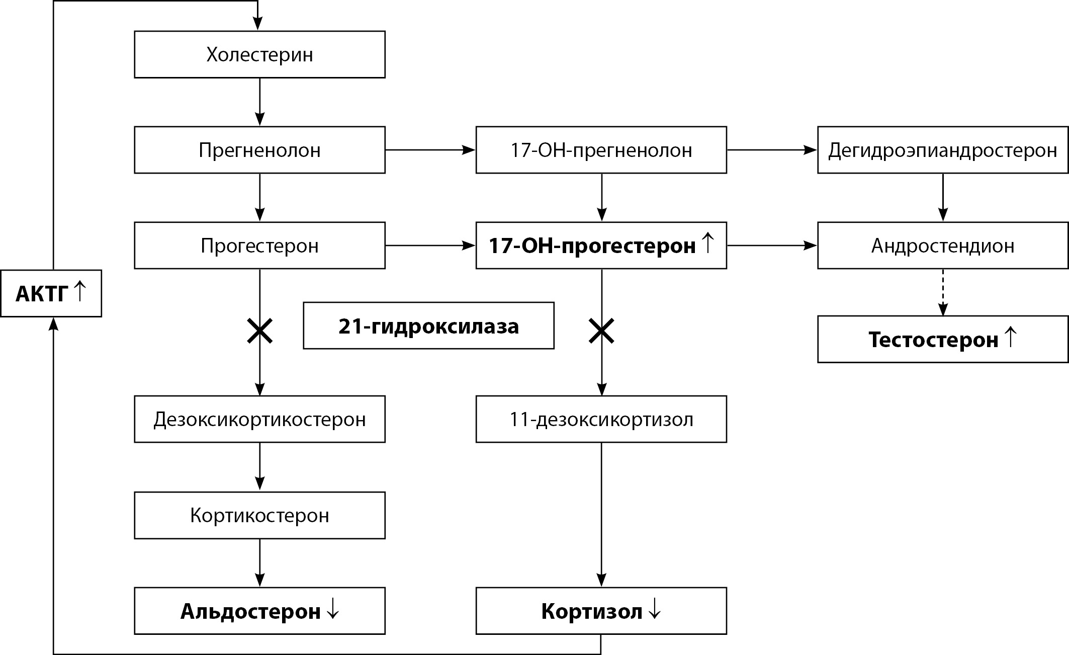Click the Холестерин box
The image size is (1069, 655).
[x=259, y=54]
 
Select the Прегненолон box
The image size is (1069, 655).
[x=259, y=150]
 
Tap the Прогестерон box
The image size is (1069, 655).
[x=259, y=245]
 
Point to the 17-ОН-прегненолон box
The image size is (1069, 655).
[x=601, y=150]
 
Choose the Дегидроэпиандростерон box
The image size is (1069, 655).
[x=942, y=150]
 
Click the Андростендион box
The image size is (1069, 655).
[x=942, y=245]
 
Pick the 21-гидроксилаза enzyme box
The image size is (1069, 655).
[x=428, y=326]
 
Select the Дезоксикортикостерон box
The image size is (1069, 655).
[x=259, y=419]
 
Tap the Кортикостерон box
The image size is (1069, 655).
[x=259, y=515]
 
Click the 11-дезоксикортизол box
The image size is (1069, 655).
[x=601, y=419]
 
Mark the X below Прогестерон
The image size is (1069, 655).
[x=259, y=332]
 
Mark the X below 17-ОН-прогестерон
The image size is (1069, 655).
[x=601, y=332]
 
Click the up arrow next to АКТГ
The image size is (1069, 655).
[x=79, y=291]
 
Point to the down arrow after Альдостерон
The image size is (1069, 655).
[x=332, y=610]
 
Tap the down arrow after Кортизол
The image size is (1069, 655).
[x=654, y=610]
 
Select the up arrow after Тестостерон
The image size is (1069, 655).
[x=1010, y=337]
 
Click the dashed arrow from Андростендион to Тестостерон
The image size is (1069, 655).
[x=943, y=292]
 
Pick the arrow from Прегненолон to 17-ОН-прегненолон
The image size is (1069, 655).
[x=430, y=150]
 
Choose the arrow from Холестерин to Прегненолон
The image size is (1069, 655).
[x=259, y=102]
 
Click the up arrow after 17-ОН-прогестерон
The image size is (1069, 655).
[x=707, y=243]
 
